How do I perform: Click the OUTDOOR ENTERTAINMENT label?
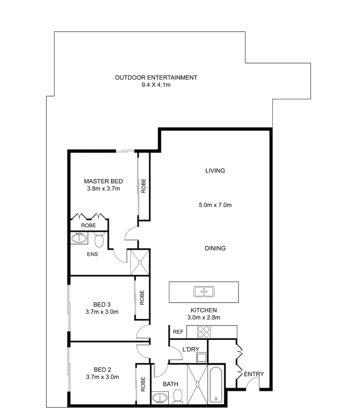point(156,78)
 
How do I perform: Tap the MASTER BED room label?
point(103,181)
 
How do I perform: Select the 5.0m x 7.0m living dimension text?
point(215,205)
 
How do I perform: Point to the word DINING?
point(215,248)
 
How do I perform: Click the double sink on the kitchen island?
point(204,291)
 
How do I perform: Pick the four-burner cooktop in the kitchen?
point(204,332)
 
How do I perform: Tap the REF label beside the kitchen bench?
point(178,332)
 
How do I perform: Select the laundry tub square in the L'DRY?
point(201,357)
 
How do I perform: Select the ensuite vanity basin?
point(79,238)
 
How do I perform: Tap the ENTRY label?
point(254,374)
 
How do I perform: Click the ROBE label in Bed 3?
point(142,298)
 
